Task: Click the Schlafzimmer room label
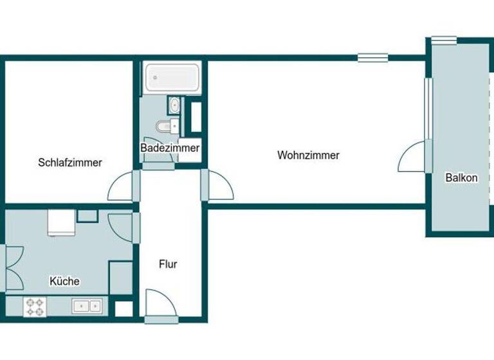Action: (x=69, y=163)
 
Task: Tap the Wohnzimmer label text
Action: (x=308, y=155)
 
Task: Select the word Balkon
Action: (x=461, y=178)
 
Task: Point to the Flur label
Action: (x=167, y=264)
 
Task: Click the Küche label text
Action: (x=64, y=281)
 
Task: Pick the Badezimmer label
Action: (x=170, y=148)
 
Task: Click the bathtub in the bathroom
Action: (x=172, y=77)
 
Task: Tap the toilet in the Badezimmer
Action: (x=169, y=125)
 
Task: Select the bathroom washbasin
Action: (x=174, y=105)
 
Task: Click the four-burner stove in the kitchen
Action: (x=34, y=307)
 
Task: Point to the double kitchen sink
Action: (x=88, y=307)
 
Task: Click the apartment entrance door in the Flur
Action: (x=158, y=303)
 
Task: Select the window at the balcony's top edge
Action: (x=444, y=40)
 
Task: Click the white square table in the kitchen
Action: (x=62, y=223)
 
